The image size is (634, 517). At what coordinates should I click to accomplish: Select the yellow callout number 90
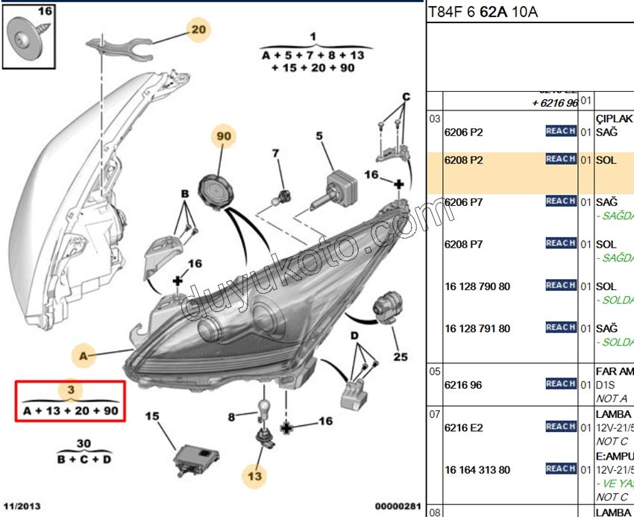[224, 137]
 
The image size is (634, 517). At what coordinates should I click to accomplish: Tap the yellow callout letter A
[83, 356]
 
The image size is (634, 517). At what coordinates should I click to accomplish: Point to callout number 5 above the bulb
[318, 137]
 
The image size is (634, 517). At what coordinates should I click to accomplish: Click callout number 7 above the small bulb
[275, 154]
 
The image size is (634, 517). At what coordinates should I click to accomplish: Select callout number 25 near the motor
[401, 357]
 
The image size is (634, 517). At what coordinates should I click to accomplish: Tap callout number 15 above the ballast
[152, 416]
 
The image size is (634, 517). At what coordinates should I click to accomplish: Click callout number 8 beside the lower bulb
[231, 416]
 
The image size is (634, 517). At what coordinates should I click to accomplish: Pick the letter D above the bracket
[355, 337]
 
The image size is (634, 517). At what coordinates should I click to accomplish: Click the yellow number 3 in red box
[70, 390]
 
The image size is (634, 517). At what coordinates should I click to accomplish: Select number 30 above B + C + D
[84, 442]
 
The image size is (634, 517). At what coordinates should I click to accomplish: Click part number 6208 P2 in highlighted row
[463, 160]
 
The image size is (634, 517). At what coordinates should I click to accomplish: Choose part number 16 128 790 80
[477, 286]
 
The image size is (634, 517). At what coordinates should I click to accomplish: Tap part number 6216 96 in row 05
[463, 385]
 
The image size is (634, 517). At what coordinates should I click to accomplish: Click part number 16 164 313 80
[477, 470]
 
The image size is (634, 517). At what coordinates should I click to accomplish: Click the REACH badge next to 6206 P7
[560, 201]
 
